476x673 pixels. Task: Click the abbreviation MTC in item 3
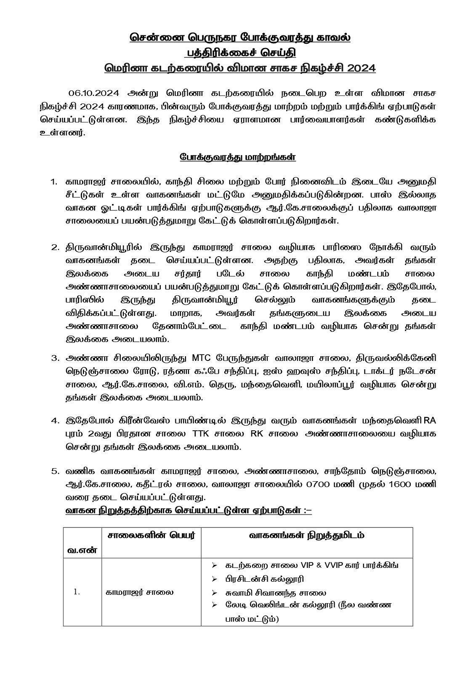[205, 358]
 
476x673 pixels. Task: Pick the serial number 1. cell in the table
[77, 592]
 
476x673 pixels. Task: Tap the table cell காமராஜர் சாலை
[139, 592]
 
